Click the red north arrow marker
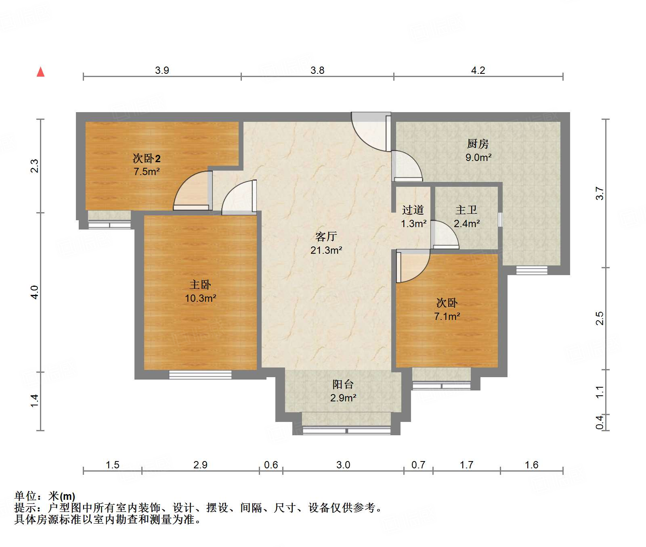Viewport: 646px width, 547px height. click(40, 72)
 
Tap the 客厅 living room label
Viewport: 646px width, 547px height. click(326, 236)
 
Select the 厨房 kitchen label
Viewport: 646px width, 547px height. click(478, 144)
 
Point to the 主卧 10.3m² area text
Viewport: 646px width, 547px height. click(200, 298)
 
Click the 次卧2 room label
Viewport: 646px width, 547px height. click(147, 159)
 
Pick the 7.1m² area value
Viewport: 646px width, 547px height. click(447, 316)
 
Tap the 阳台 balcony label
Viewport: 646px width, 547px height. click(343, 384)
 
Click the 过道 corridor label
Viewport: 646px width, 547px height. click(413, 210)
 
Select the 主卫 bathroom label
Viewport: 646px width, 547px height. click(466, 210)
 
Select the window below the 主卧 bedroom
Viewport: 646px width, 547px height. click(200, 375)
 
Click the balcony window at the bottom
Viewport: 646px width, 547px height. click(346, 430)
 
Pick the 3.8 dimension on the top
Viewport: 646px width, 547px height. click(317, 71)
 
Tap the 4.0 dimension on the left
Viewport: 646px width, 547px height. click(35, 292)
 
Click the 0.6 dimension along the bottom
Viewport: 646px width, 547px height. click(271, 465)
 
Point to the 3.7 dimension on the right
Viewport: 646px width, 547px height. click(600, 194)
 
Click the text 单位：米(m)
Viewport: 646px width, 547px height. click(45, 496)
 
